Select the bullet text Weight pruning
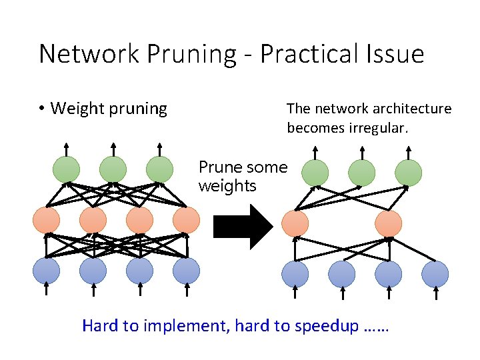(109, 108)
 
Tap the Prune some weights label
(243, 177)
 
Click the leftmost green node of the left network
(66, 169)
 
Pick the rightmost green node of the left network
(159, 169)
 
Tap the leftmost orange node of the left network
(46, 220)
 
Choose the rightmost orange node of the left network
(186, 220)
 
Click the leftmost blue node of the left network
(46, 271)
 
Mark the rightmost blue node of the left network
(186, 271)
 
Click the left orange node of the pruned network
(295, 223)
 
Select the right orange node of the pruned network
(389, 223)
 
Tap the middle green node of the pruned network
(362, 173)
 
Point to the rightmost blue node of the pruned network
(435, 274)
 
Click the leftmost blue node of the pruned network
(295, 274)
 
